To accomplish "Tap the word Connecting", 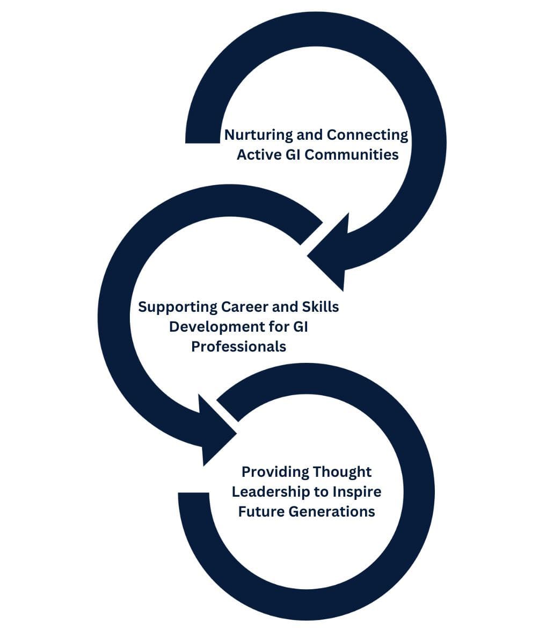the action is pyautogui.click(x=367, y=135).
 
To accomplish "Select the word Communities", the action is pyautogui.click(x=351, y=155).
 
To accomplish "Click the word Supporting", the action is pyautogui.click(x=177, y=307).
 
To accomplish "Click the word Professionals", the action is pyautogui.click(x=238, y=347).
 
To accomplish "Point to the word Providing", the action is pyautogui.click(x=275, y=472).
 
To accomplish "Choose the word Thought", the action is pyautogui.click(x=342, y=472).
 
